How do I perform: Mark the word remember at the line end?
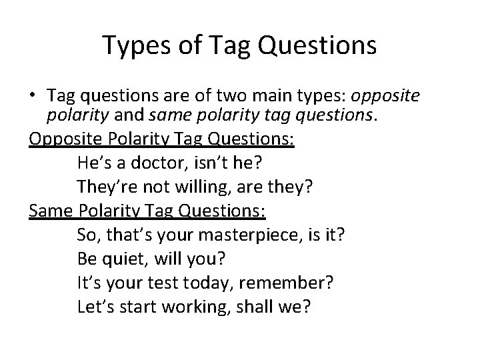point(296,283)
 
